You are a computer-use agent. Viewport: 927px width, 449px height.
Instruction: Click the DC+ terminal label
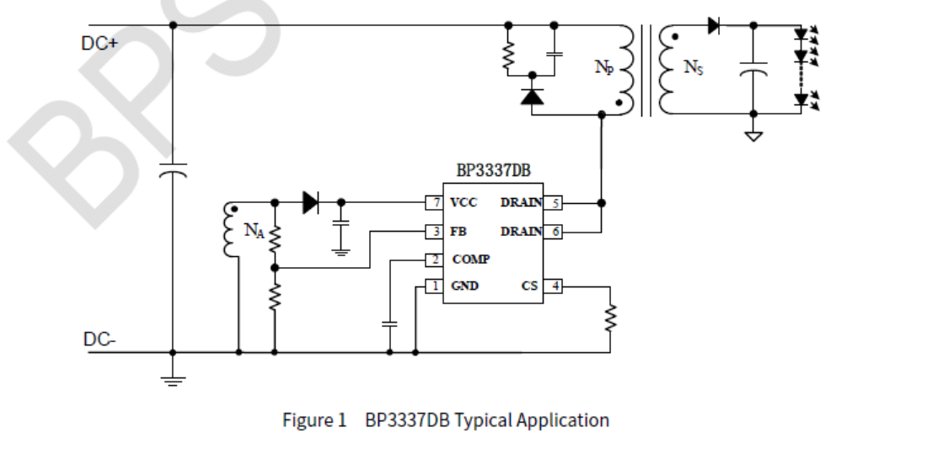click(x=99, y=44)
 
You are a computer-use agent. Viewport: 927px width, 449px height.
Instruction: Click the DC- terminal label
click(x=99, y=339)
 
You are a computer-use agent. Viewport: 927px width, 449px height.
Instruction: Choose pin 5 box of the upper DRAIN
click(x=553, y=203)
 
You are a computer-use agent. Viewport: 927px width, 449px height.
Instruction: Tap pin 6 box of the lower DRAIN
click(x=553, y=231)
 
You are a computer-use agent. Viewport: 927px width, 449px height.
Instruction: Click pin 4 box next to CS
click(x=553, y=286)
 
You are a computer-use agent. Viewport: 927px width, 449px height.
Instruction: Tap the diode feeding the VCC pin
click(x=309, y=202)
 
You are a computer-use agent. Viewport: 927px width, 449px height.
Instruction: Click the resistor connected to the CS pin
click(x=610, y=318)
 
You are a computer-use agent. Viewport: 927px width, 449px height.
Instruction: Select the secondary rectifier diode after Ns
click(x=714, y=25)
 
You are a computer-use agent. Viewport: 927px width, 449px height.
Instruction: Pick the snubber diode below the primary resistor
click(x=532, y=96)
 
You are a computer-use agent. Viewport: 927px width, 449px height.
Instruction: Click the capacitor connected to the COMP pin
click(x=389, y=322)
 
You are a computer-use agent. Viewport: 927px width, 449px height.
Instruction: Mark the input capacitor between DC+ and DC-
click(x=173, y=173)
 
